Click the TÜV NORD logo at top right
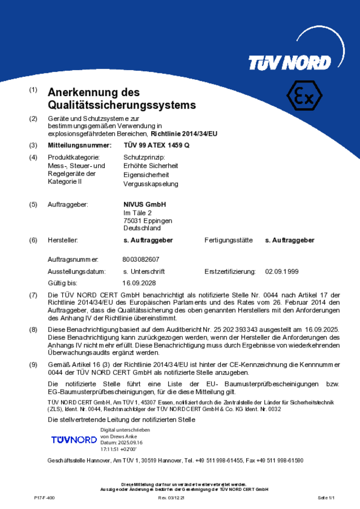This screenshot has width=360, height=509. click(x=289, y=62)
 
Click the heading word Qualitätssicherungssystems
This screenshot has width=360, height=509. click(x=122, y=105)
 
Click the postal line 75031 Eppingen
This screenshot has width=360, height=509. click(x=148, y=221)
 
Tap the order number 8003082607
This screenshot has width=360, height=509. click(x=141, y=259)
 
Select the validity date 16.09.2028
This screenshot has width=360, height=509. click(x=139, y=283)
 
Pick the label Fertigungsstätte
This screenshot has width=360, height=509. click(x=228, y=240)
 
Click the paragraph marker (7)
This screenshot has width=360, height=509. click(x=33, y=295)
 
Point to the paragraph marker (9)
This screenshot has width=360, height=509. click(x=33, y=365)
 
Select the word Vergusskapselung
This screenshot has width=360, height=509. click(x=151, y=184)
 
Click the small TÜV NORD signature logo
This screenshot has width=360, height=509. click(x=74, y=439)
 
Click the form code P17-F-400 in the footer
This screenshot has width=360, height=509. click(x=45, y=498)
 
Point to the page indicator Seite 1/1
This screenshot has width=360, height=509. click(x=327, y=498)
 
